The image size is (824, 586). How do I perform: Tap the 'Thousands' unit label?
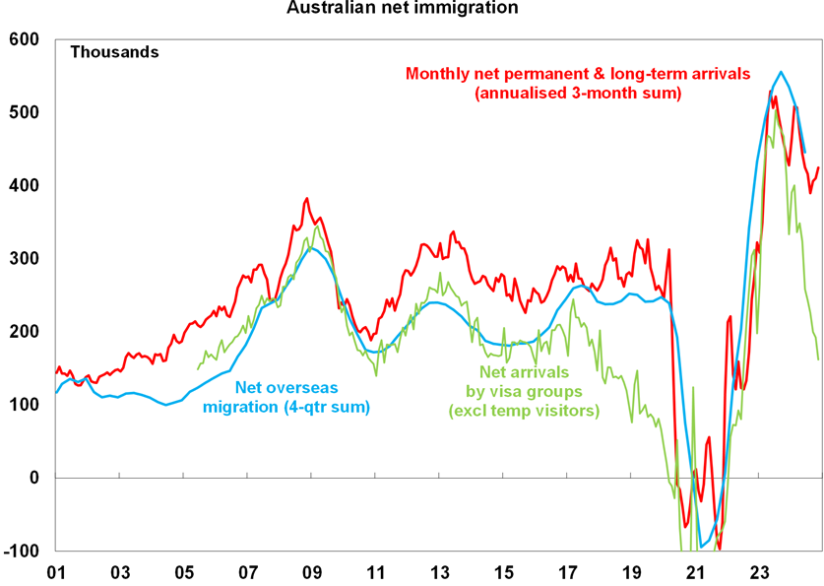(114, 52)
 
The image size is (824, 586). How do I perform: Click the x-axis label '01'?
(55, 572)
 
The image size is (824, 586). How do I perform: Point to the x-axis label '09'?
(313, 572)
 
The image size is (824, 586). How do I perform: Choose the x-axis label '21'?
(696, 572)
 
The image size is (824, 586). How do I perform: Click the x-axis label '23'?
(760, 572)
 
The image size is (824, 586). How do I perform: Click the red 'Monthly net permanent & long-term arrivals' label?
(578, 84)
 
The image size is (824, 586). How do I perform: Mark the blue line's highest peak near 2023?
(781, 72)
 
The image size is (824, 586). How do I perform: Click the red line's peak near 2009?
(307, 198)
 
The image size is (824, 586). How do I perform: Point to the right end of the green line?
(818, 358)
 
